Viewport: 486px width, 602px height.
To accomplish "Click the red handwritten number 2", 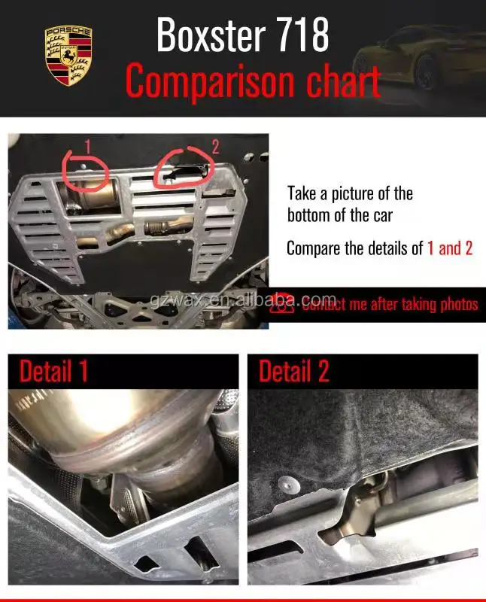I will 215,146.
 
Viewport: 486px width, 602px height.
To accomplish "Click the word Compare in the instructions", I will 314,248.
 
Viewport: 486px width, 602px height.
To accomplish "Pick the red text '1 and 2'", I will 450,248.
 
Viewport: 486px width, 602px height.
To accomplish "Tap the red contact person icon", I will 281,304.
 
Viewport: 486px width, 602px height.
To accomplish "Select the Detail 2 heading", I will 294,372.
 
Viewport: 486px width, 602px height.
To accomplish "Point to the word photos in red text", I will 458,304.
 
